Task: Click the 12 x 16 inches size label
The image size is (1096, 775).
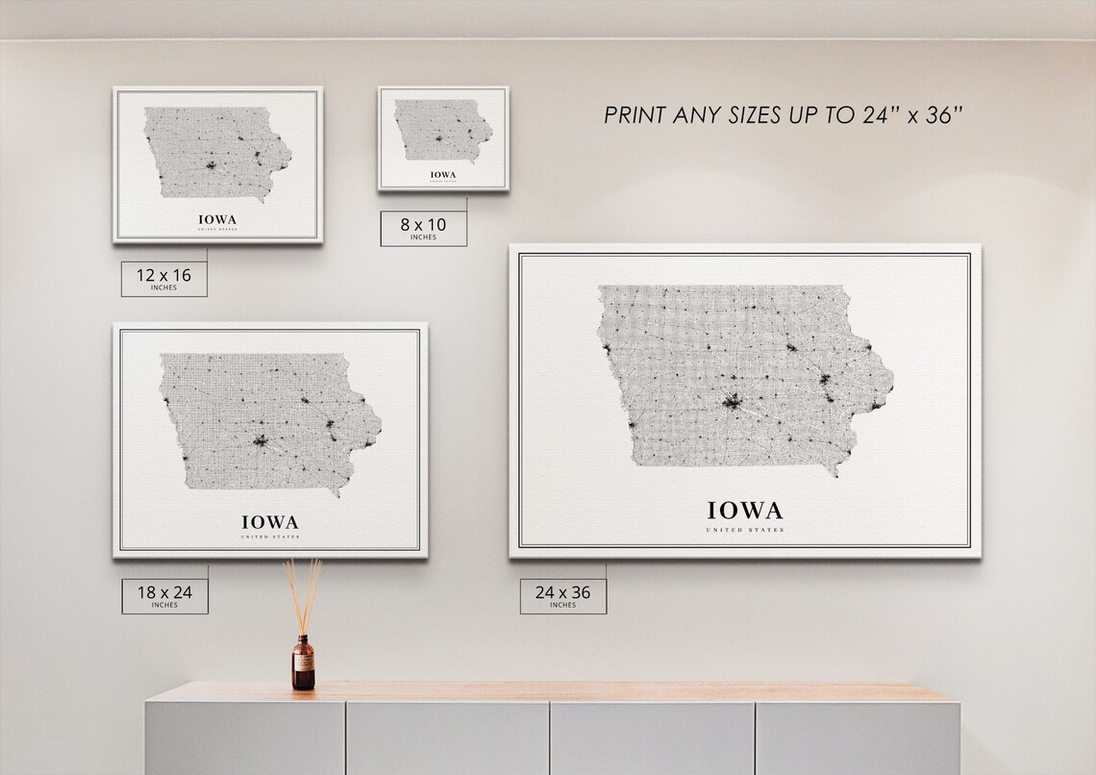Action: (163, 278)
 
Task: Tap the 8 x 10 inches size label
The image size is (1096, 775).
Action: (423, 229)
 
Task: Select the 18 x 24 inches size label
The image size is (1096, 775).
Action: (164, 595)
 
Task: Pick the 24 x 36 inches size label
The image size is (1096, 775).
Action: (562, 595)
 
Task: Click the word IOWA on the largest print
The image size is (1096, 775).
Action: (745, 510)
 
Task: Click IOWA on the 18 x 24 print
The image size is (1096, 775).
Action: (270, 522)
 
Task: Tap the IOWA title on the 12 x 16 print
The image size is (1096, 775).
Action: (216, 219)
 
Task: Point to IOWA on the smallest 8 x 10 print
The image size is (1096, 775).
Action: (443, 174)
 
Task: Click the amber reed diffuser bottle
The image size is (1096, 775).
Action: (303, 662)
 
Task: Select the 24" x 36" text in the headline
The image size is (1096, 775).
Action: (909, 115)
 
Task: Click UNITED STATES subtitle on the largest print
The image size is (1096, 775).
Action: (745, 530)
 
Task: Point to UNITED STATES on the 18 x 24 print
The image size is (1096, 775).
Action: (270, 537)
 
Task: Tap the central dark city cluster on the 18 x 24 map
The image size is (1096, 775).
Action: (260, 443)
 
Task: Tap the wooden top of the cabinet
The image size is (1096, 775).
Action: (538, 692)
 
